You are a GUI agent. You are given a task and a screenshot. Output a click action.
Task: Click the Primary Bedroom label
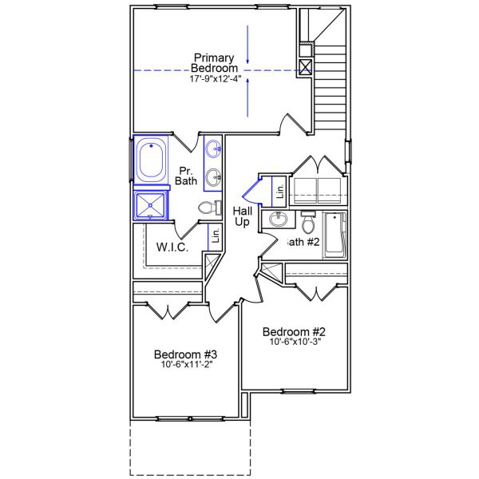coord(214,63)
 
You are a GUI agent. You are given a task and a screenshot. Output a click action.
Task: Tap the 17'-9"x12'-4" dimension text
coord(214,81)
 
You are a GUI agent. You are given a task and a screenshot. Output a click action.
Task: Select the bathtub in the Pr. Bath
coord(151,160)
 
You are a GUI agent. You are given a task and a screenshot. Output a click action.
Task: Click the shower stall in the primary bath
coord(151,205)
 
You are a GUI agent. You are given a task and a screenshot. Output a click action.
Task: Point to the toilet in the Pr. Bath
coord(209,209)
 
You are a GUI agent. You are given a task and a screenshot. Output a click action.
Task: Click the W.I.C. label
coord(172,247)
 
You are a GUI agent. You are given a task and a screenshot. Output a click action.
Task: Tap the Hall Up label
coord(243,216)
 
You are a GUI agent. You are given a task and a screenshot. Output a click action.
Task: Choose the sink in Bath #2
coord(279,220)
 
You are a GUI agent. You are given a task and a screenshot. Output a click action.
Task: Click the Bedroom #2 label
coord(295,332)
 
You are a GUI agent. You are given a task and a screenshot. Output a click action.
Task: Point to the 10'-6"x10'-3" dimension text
coord(295,343)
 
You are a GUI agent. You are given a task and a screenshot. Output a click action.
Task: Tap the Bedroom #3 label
coord(185,354)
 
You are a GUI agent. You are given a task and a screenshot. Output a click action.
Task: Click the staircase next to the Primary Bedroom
coord(329,80)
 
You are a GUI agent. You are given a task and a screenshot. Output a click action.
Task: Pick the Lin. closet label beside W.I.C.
coord(215,236)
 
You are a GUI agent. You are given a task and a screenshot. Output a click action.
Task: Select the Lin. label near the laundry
coord(279,191)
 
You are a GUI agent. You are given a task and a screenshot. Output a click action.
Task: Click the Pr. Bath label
coord(186,176)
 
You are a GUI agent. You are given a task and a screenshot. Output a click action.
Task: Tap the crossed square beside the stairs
coord(305,68)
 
